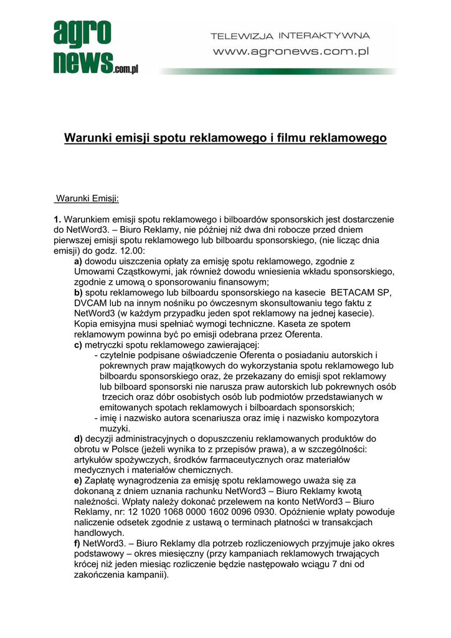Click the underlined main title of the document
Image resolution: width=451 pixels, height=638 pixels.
pyautogui.click(x=225, y=137)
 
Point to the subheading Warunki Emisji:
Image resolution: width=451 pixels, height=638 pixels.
pyautogui.click(x=87, y=199)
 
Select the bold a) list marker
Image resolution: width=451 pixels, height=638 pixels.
pyautogui.click(x=78, y=262)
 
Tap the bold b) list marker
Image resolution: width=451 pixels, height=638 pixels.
pyautogui.click(x=78, y=293)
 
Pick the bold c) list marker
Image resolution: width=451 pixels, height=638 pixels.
pyautogui.click(x=78, y=345)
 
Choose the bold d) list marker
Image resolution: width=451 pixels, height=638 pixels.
pyautogui.click(x=78, y=439)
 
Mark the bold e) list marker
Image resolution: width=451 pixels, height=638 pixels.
pyautogui.click(x=78, y=481)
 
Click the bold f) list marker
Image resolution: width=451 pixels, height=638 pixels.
pyautogui.click(x=77, y=543)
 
